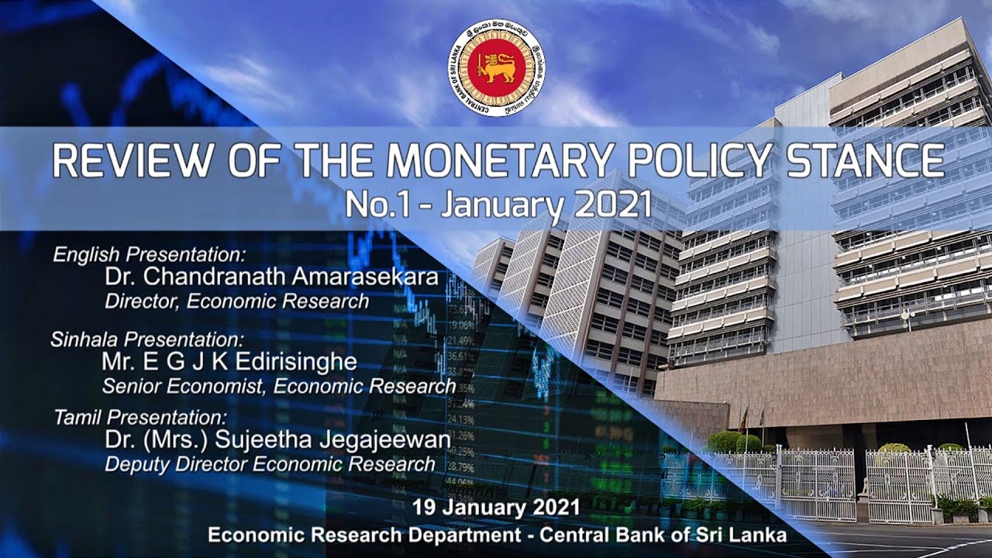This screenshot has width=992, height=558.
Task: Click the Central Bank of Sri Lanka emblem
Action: pos(496,68)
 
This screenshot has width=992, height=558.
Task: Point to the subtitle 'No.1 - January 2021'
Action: pos(498,204)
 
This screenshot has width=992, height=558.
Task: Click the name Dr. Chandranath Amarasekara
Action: pos(272,277)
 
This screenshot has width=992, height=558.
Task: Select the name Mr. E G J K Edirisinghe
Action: pos(229,362)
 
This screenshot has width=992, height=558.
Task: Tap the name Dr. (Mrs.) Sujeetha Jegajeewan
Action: pos(277,440)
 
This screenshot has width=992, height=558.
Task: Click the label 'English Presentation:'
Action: pos(149,254)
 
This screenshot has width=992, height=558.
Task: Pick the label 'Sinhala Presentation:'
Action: pos(147,339)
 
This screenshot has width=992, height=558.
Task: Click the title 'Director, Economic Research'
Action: pos(236,301)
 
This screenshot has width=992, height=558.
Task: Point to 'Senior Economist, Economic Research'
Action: pos(278,385)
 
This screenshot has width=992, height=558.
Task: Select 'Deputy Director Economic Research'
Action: pos(270,464)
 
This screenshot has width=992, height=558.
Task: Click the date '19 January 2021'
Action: pos(496,508)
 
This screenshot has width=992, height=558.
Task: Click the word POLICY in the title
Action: pos(689,162)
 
